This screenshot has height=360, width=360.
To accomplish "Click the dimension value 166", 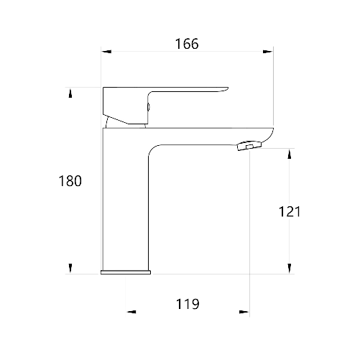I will coord(187,44).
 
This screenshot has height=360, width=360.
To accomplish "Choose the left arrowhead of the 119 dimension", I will coord(131,312).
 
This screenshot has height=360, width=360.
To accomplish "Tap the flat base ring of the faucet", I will coord(126,272).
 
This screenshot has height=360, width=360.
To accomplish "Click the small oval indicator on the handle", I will coord(148,106).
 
